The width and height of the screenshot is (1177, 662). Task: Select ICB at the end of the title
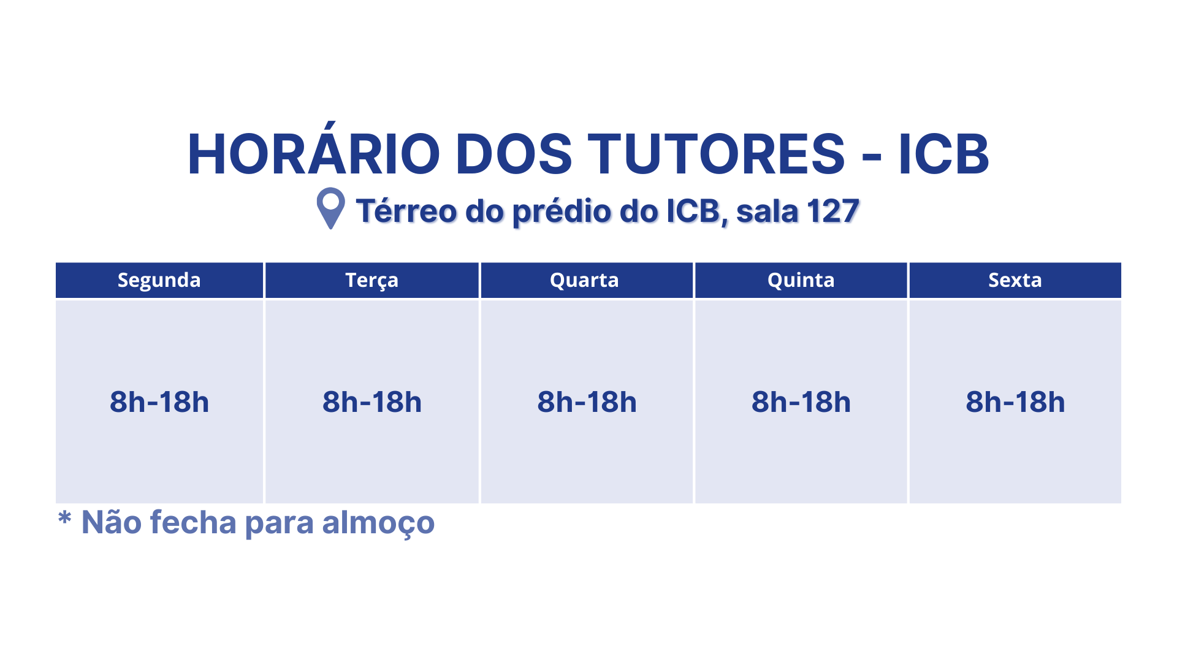pos(944,153)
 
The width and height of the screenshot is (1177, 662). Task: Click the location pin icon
pos(330,208)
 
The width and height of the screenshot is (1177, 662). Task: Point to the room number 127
pos(833,211)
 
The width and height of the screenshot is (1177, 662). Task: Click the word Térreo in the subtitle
pos(406,211)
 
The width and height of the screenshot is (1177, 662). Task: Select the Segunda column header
pos(159,281)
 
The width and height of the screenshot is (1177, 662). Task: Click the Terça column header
pos(372,281)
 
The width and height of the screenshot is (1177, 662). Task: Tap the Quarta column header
pos(584,280)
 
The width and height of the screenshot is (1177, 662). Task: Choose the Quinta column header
pos(801,280)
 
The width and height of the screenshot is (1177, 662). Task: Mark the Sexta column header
pos(1015,280)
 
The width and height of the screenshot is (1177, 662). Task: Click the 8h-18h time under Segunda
pos(159,402)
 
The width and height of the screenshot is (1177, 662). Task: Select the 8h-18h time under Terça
pos(372,402)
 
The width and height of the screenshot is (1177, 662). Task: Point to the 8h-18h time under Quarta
pos(587,402)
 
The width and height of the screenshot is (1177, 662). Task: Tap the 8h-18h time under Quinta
pos(801,402)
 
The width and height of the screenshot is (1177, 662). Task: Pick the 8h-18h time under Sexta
pos(1015,402)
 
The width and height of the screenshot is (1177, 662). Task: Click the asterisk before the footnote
pos(64,517)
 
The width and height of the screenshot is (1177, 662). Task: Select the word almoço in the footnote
pos(378,523)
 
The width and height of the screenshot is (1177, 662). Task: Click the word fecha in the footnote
pos(193,523)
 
